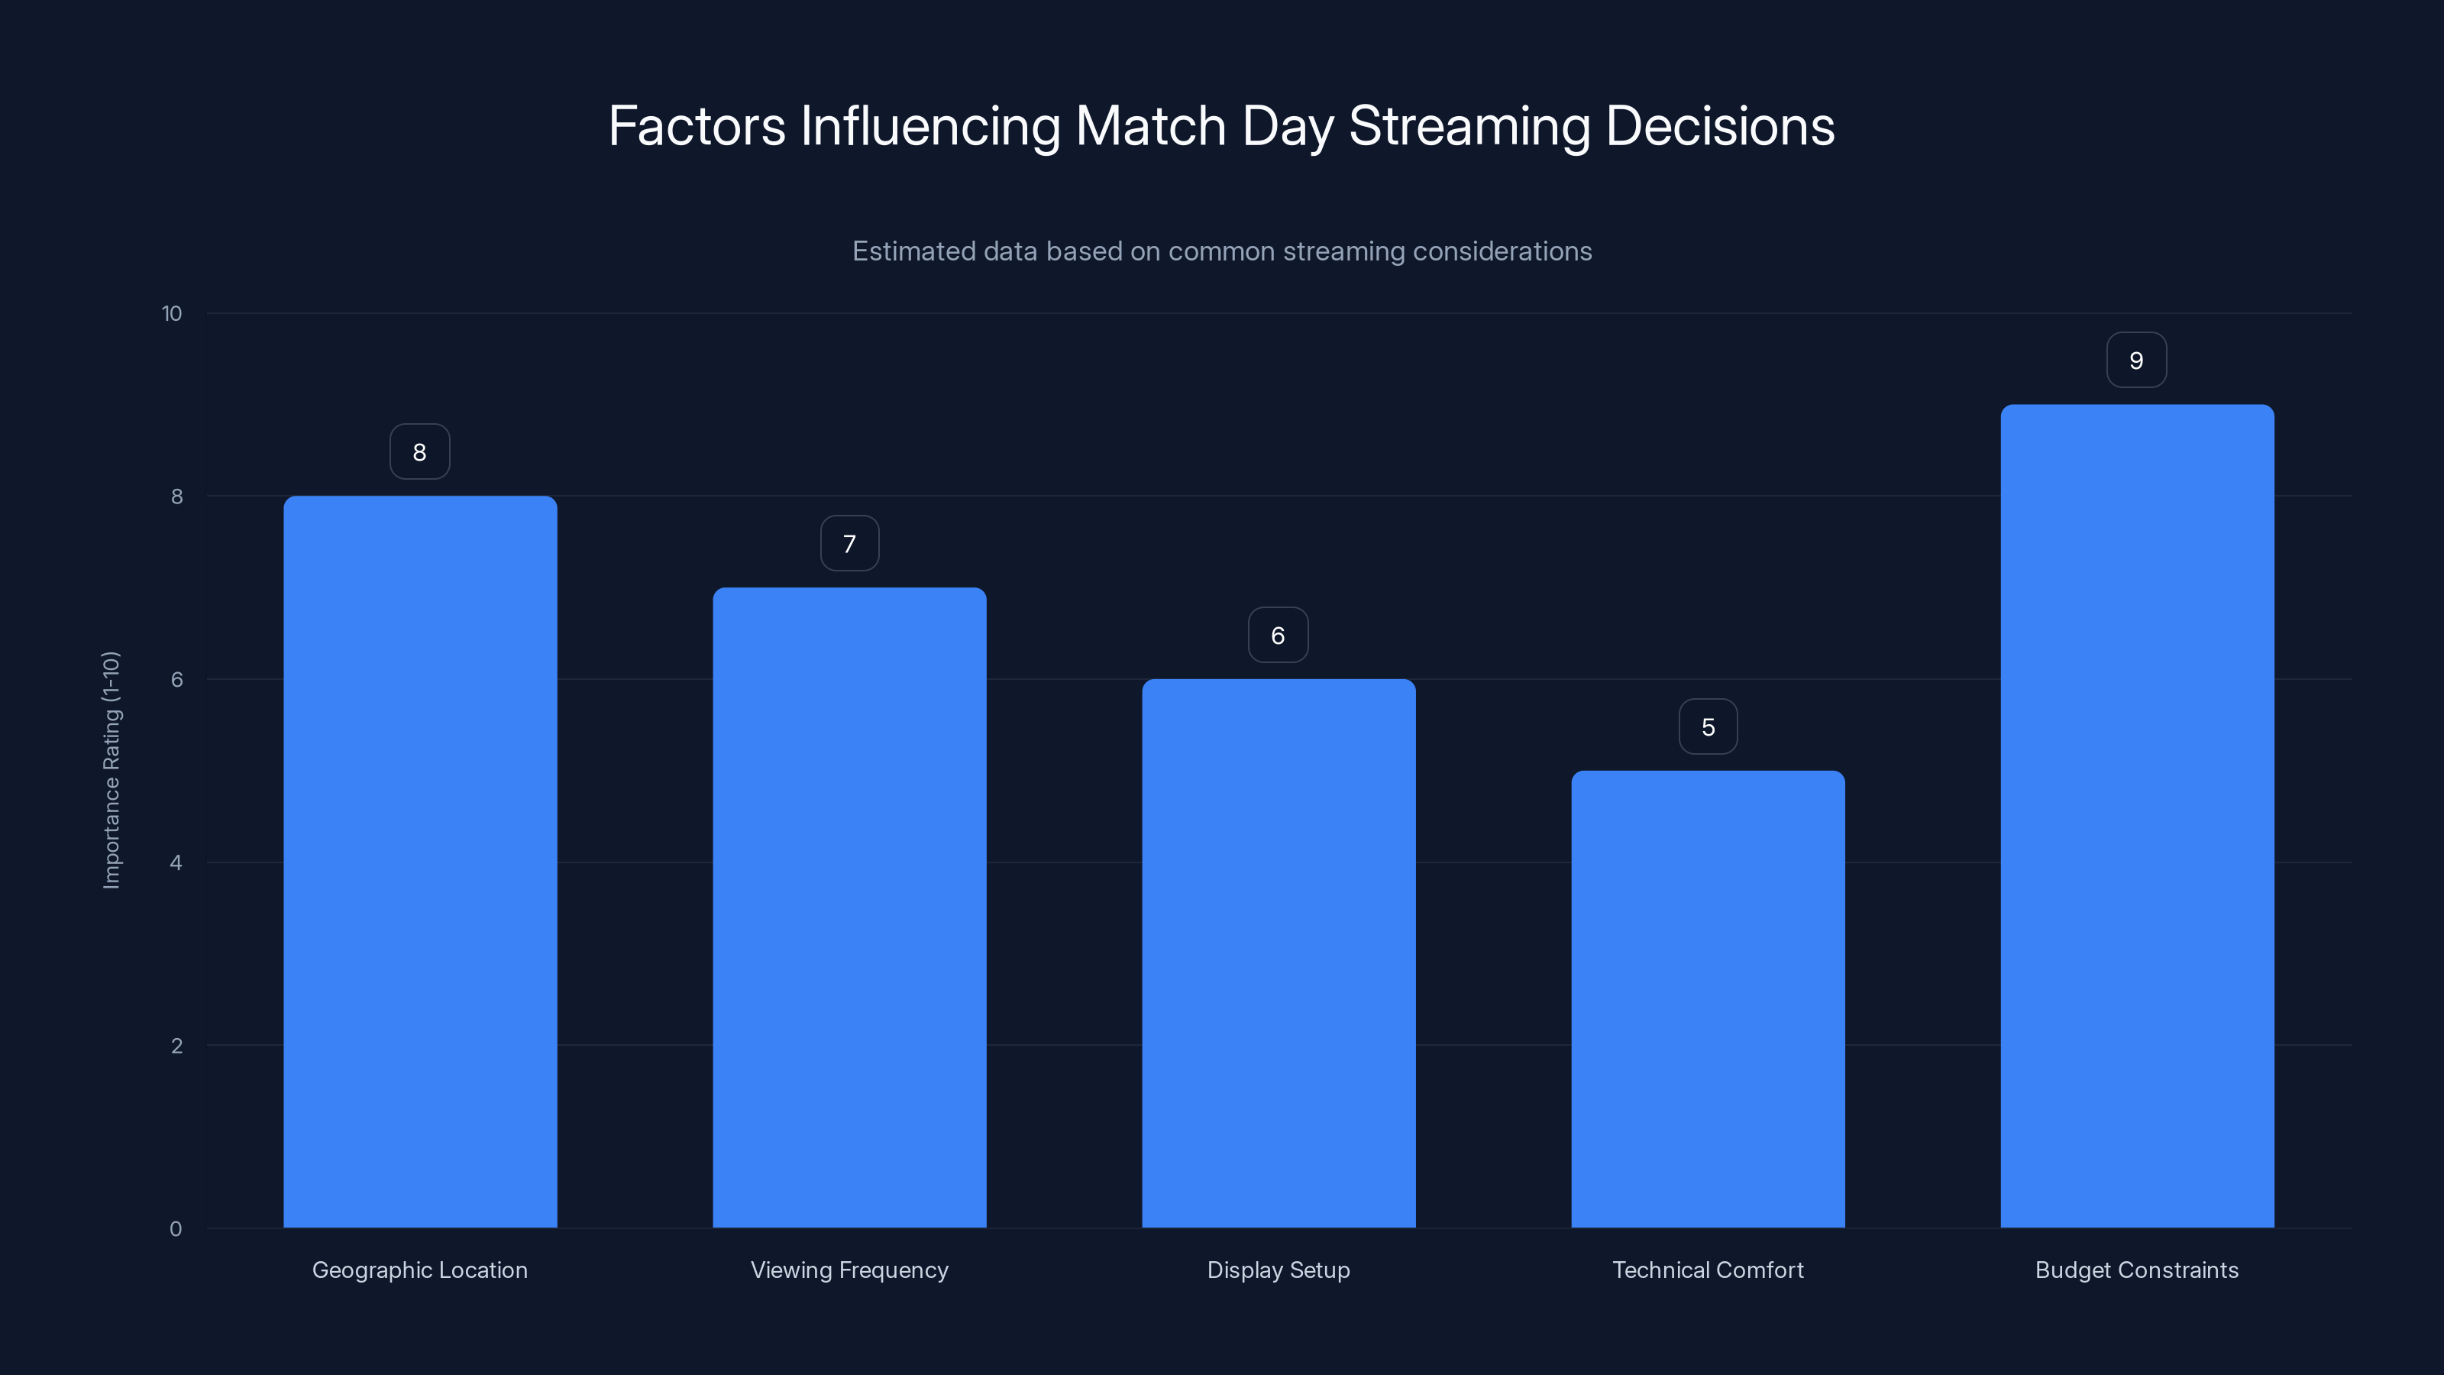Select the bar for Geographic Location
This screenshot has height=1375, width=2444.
pos(419,862)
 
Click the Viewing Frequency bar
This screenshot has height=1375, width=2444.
pos(849,907)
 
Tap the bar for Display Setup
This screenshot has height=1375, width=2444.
pos(1278,953)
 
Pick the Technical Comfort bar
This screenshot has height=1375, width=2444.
pos(1708,998)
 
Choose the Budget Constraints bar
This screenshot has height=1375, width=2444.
pos(2137,816)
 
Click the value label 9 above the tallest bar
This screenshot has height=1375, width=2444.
pos(2137,361)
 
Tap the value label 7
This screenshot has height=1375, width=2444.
pos(849,544)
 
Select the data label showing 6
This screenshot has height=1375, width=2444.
pos(1278,636)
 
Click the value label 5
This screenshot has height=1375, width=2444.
pos(1708,727)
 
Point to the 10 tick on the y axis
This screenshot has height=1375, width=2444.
pos(172,314)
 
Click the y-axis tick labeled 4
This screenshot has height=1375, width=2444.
pos(176,862)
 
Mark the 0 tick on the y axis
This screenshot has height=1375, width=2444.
pos(176,1229)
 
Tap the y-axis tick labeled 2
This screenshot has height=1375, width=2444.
pos(176,1046)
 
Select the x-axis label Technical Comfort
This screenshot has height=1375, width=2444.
pos(1708,1270)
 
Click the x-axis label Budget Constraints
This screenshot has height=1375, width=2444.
pos(2137,1270)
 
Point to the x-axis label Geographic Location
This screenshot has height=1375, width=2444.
pos(419,1270)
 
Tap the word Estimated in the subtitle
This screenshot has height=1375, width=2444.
pos(913,251)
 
